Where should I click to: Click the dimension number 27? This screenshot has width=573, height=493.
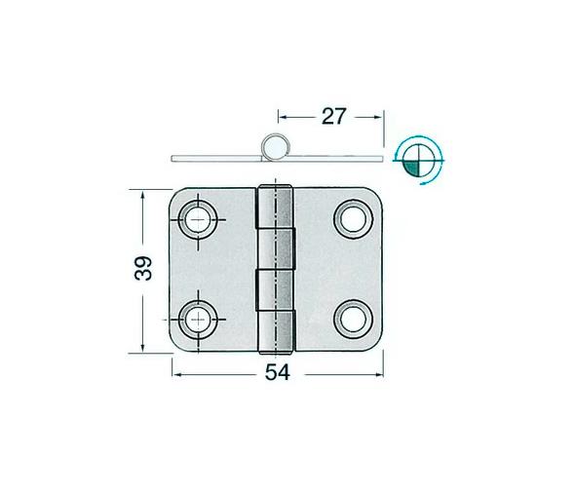[x=331, y=117]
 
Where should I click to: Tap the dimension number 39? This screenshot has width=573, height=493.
[x=143, y=268]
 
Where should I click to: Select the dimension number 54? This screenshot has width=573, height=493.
[x=279, y=371]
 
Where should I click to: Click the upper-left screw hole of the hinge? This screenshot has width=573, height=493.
[x=200, y=217]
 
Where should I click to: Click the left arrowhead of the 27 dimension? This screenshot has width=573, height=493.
[x=283, y=116]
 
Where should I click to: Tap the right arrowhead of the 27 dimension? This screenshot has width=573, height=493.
[x=379, y=116]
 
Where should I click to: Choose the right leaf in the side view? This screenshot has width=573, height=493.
[x=336, y=157]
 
